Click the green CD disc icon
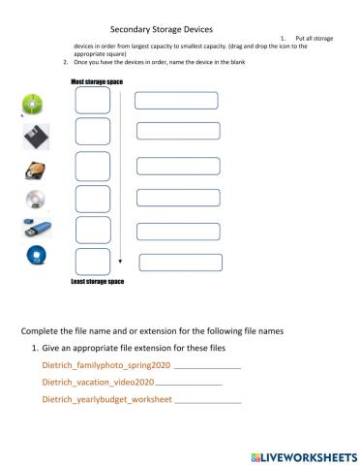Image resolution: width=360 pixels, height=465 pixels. click(x=33, y=103)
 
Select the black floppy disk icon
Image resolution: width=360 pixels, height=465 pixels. click(x=35, y=137)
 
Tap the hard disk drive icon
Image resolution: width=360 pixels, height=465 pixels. click(x=34, y=171)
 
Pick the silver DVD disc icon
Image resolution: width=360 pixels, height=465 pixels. click(x=34, y=201)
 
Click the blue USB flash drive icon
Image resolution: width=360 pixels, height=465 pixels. click(x=35, y=230)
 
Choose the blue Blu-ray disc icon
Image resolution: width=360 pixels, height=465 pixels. click(x=35, y=257)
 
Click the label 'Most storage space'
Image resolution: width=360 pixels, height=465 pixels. click(x=98, y=82)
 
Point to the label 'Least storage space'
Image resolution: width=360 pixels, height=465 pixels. click(x=98, y=282)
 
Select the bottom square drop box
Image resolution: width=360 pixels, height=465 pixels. click(x=92, y=262)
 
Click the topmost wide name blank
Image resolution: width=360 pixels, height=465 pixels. click(x=177, y=100)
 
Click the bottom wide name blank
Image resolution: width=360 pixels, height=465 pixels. click(x=181, y=262)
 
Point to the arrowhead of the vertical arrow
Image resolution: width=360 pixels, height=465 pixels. click(x=120, y=262)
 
